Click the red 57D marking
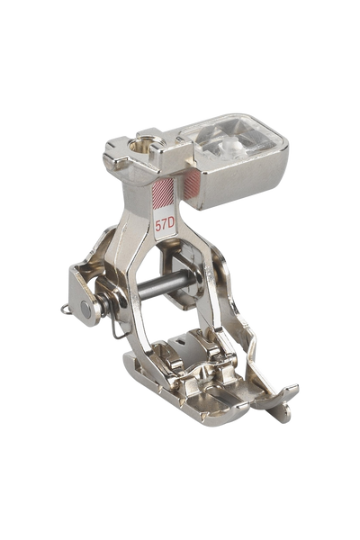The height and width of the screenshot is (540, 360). [x=165, y=225]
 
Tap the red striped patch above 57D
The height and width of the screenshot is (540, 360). [x=163, y=193]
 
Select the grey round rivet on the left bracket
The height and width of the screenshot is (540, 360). [x=85, y=309]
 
